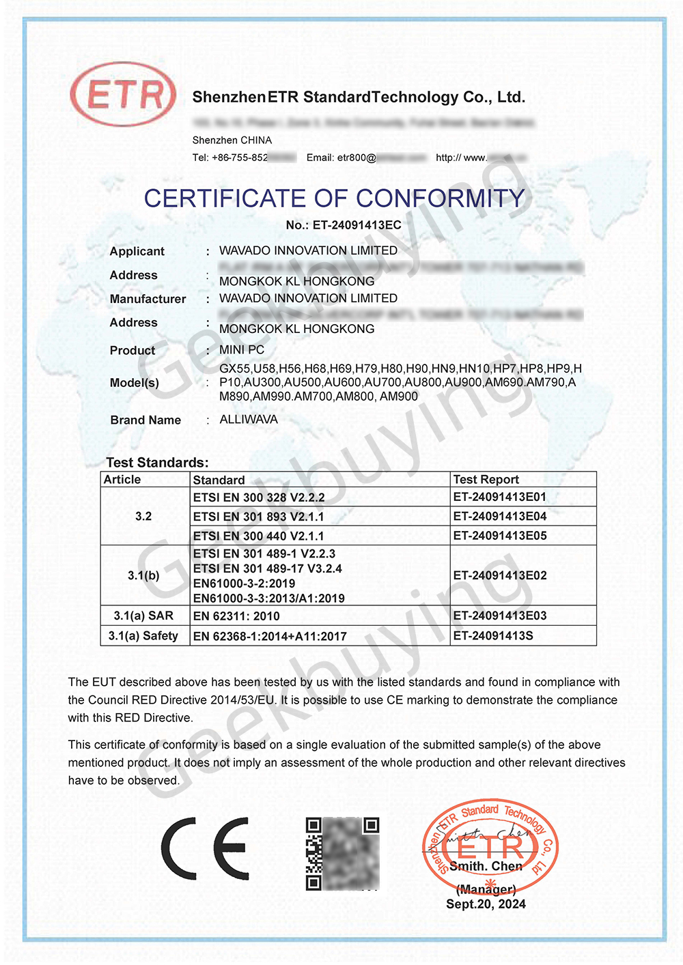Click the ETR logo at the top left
click(123, 94)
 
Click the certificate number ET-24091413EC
click(344, 225)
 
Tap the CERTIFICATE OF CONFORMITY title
click(334, 199)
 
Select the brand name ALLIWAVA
click(249, 420)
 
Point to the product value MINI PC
click(242, 350)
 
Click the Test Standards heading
click(157, 463)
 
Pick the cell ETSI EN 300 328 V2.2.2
click(259, 498)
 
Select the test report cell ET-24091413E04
click(500, 517)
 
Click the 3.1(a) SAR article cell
click(143, 616)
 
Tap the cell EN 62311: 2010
click(236, 616)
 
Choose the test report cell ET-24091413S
click(493, 636)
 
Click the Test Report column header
click(486, 480)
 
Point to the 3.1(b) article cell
click(143, 576)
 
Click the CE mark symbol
click(205, 848)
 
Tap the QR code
click(342, 854)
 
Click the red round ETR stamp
click(490, 847)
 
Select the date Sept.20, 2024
click(486, 904)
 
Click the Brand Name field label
click(145, 420)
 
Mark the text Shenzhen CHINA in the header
click(232, 141)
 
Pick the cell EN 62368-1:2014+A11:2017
click(270, 637)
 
